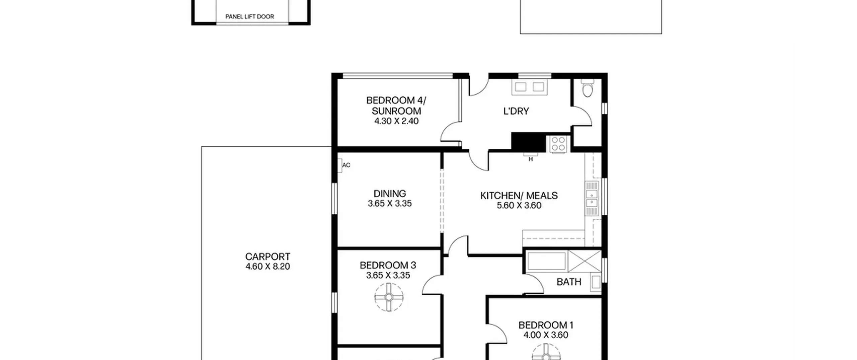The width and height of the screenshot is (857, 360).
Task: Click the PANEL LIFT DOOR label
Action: pyautogui.click(x=250, y=17)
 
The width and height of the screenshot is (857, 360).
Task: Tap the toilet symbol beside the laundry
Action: pyautogui.click(x=587, y=88)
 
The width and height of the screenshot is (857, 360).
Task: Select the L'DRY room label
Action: pyautogui.click(x=516, y=111)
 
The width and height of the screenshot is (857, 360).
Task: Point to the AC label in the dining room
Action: pyautogui.click(x=346, y=165)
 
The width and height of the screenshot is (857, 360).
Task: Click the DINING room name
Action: pyautogui.click(x=390, y=194)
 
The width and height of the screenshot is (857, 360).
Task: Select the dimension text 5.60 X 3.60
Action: pyautogui.click(x=519, y=205)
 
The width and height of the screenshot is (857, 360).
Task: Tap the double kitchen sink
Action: pyautogui.click(x=592, y=199)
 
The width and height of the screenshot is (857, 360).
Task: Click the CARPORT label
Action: pyautogui.click(x=267, y=257)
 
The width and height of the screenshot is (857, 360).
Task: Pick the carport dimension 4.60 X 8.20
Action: pyautogui.click(x=267, y=267)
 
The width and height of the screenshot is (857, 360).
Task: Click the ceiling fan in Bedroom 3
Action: pyautogui.click(x=389, y=297)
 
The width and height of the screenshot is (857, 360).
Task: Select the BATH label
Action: pyautogui.click(x=569, y=282)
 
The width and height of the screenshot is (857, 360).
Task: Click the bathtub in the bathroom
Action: pyautogui.click(x=546, y=261)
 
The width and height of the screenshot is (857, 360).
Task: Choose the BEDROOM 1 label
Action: pyautogui.click(x=546, y=325)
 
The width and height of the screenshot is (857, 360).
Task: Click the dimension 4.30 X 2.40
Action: pyautogui.click(x=396, y=121)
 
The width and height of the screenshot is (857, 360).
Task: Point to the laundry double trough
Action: pyautogui.click(x=530, y=87)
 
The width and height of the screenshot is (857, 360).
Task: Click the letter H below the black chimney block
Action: pyautogui.click(x=531, y=159)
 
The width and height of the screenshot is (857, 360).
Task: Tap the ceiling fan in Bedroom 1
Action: pyautogui.click(x=546, y=353)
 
